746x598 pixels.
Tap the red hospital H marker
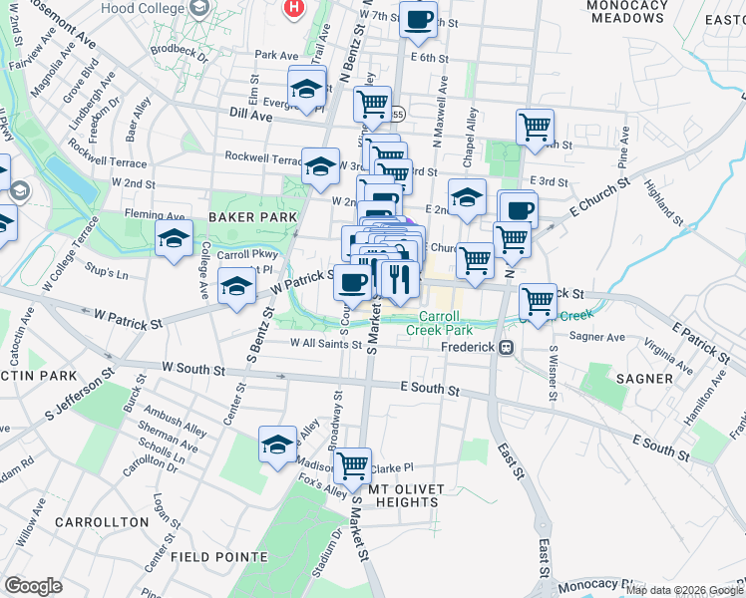click(x=293, y=8)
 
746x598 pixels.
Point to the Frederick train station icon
click(x=507, y=348)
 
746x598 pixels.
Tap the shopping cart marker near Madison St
click(x=352, y=464)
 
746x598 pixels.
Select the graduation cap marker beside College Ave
click(x=174, y=239)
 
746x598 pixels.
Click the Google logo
click(x=33, y=586)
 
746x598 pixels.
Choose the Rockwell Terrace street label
click(x=262, y=157)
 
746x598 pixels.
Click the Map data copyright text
click(x=683, y=589)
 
